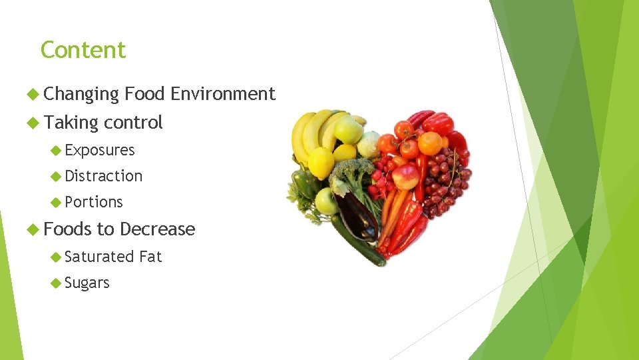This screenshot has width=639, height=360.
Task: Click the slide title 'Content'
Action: coord(83,50)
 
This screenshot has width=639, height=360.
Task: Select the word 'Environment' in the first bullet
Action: coord(222,94)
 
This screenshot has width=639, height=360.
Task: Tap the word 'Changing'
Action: coord(81,95)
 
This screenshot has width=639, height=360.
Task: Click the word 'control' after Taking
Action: coord(133,123)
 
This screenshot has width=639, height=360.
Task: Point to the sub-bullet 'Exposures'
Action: coord(100,151)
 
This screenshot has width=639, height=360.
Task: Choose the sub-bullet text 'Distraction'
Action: coord(104,176)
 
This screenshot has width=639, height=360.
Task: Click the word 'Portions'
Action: coord(94,202)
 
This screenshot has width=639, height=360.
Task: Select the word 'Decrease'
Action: coord(158,229)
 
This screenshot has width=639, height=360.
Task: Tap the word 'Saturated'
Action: coord(100,257)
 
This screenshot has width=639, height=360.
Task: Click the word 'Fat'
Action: coord(150,257)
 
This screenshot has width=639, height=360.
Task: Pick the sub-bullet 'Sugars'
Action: coord(87,283)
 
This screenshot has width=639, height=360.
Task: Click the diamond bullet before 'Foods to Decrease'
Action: coord(33,229)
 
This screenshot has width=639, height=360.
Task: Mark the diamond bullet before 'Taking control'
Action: coord(33,123)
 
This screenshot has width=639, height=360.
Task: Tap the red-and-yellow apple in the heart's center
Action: coord(405,177)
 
